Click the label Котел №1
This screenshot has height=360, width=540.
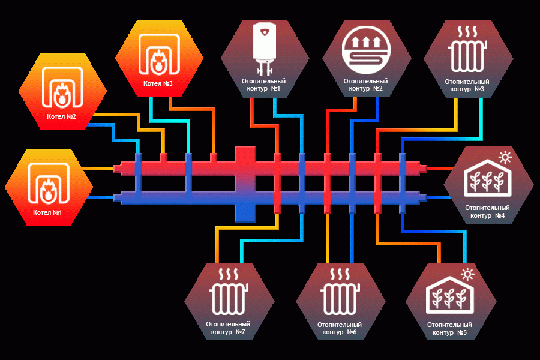pos(47,212)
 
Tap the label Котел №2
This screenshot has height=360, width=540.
pos(61,116)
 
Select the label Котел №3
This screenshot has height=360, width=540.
pos(158,83)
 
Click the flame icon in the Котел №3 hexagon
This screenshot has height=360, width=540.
pos(159,61)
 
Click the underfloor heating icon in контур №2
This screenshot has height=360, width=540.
pos(366,50)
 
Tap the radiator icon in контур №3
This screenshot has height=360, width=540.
pos(467,49)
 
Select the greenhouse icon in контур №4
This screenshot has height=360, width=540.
pos(487,178)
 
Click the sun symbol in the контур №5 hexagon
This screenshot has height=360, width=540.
pos(467,274)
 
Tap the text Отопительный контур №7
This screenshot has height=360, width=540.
pos(228,328)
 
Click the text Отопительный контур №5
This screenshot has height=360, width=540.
pos(449,328)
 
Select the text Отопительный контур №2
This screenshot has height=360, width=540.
pos(366,85)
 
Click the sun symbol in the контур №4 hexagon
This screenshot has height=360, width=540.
pos(505,157)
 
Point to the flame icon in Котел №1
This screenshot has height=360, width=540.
pos(49,191)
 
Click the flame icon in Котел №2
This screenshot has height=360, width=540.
pos(62,94)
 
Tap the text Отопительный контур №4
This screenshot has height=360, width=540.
pos(487,212)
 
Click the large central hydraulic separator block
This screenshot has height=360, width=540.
pos(245,184)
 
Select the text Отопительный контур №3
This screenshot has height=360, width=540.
pos(467,85)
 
